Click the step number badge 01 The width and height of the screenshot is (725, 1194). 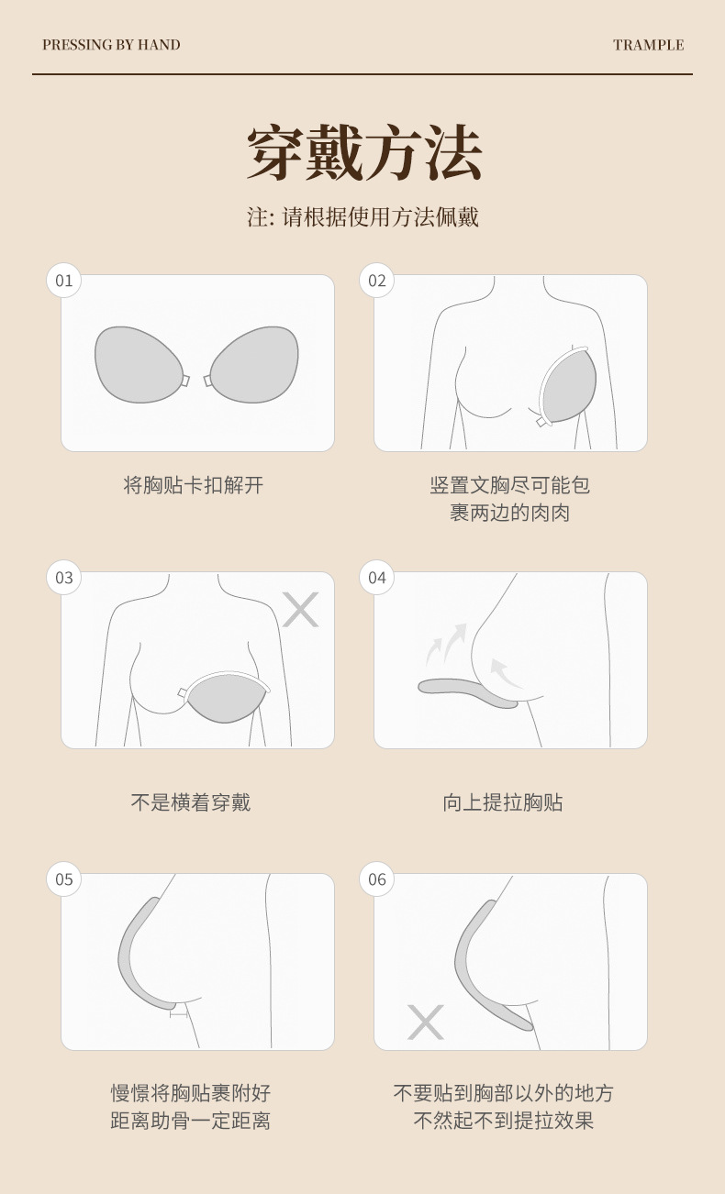coord(64,281)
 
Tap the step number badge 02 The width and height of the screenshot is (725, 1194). coord(377,281)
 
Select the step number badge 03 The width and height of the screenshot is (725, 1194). coord(64,578)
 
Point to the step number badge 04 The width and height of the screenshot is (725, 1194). coord(377,578)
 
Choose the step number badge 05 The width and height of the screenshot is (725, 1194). coord(64,879)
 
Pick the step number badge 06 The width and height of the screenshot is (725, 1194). coord(377,879)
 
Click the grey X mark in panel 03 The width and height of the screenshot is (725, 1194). coord(300,610)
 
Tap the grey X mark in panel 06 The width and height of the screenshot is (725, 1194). coord(425,1022)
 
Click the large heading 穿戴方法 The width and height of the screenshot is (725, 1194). coord(363,154)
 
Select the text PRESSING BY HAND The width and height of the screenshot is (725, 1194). coord(111,45)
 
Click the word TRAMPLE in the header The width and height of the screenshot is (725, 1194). coord(648,45)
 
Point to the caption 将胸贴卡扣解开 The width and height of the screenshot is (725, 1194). coord(194,485)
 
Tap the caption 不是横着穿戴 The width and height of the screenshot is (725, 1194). coord(191,802)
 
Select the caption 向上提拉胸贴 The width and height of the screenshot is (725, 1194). coord(503,802)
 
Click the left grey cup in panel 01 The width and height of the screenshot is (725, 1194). coord(139,364)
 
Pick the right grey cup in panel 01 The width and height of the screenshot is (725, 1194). coord(255,364)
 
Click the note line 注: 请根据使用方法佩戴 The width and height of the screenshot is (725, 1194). coord(363,217)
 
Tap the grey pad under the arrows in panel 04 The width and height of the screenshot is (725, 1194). coord(468,692)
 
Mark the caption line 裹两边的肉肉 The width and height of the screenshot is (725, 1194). coord(509,513)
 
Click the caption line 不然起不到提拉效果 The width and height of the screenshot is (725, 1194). coord(503,1121)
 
